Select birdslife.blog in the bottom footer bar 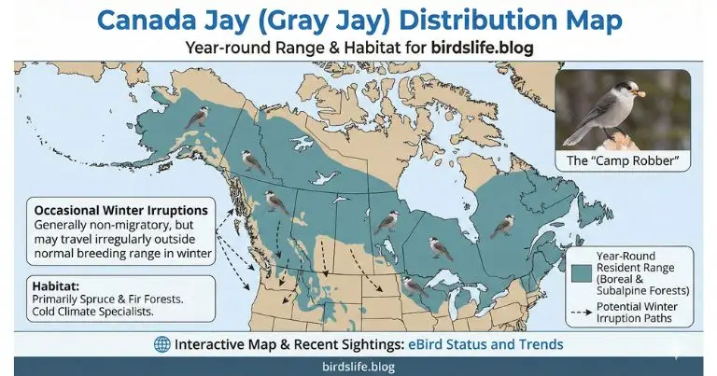[358, 367]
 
